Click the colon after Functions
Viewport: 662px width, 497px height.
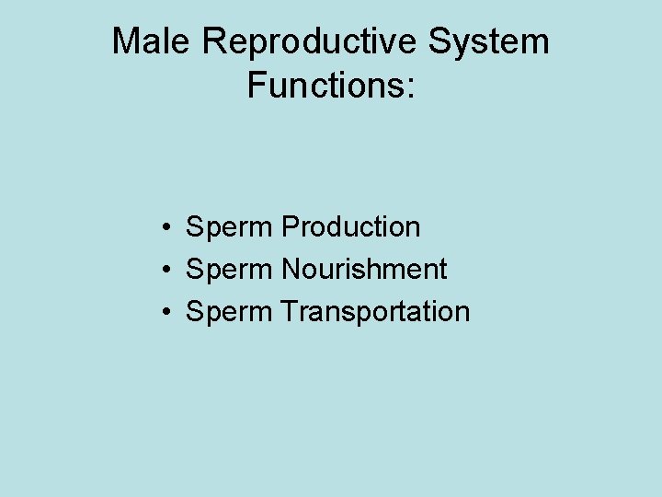pos(411,87)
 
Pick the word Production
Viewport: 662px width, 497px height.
pos(351,226)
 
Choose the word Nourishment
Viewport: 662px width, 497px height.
pos(364,269)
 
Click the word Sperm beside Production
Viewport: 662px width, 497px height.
pos(229,227)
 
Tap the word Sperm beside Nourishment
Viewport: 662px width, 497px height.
pos(229,270)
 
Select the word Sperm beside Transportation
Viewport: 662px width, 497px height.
pos(229,312)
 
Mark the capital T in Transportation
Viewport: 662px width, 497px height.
pos(291,311)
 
